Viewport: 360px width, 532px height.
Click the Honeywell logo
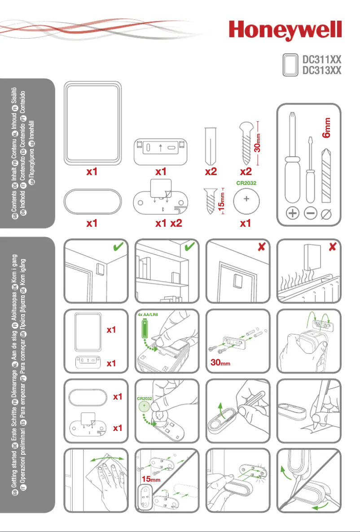point(285,32)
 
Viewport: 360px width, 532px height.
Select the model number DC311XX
point(321,59)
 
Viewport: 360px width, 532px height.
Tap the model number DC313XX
point(321,70)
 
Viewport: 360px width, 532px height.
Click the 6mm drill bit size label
point(328,128)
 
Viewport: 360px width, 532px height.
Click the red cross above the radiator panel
point(333,247)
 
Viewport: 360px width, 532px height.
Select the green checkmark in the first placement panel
point(119,247)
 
